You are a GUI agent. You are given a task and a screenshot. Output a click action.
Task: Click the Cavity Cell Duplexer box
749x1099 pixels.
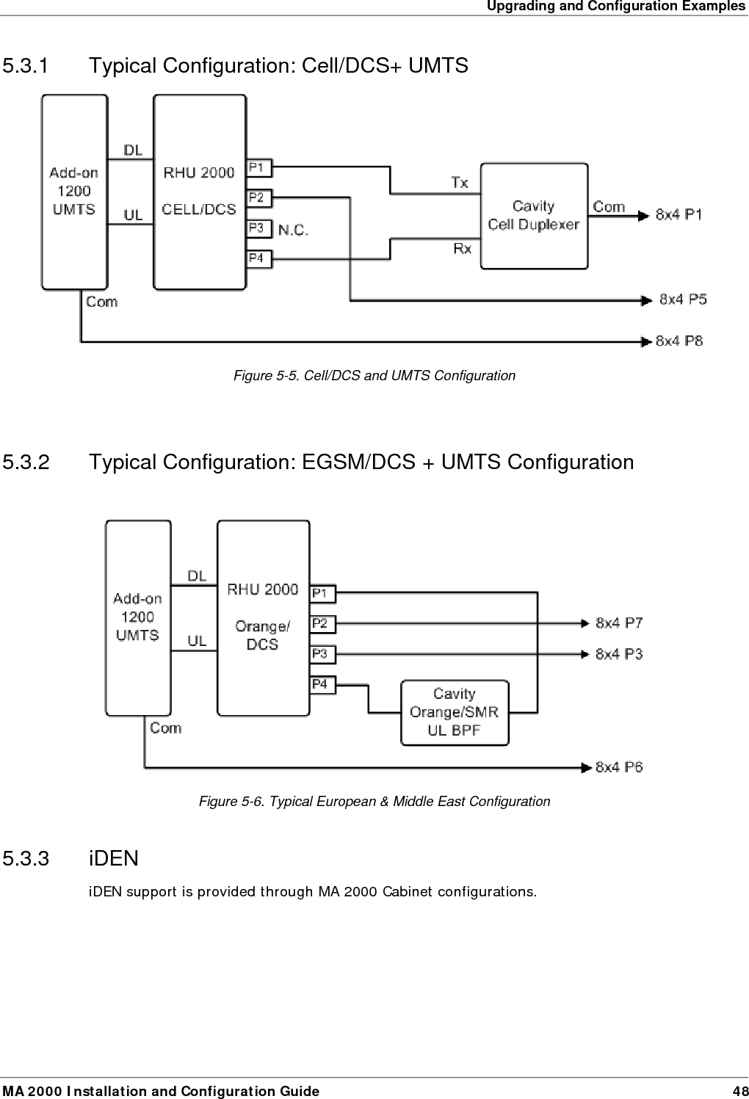click(x=534, y=216)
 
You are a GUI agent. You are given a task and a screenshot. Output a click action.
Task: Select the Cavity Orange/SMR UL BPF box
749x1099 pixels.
click(x=455, y=712)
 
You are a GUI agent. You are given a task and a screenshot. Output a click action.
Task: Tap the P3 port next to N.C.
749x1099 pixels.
click(x=258, y=228)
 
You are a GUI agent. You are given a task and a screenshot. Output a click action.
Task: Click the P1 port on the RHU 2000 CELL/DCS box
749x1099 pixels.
click(x=258, y=168)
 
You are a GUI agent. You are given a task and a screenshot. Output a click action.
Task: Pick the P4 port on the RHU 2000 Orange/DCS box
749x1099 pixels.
click(x=322, y=684)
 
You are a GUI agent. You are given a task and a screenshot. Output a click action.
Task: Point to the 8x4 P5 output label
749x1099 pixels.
click(x=682, y=299)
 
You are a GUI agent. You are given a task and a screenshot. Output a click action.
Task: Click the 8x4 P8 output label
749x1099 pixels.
click(x=679, y=341)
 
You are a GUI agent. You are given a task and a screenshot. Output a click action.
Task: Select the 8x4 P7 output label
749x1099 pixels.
click(x=619, y=623)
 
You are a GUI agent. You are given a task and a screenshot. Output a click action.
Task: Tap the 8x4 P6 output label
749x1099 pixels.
click(x=619, y=767)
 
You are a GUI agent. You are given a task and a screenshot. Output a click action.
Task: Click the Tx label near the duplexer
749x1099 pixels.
click(x=460, y=182)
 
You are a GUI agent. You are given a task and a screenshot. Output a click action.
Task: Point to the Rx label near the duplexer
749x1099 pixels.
click(x=462, y=249)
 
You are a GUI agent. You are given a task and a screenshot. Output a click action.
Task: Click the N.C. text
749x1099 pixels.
click(x=293, y=230)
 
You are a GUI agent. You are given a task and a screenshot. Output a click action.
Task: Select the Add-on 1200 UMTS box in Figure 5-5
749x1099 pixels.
click(x=74, y=192)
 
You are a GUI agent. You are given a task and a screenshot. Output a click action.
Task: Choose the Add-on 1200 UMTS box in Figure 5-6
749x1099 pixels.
click(x=138, y=617)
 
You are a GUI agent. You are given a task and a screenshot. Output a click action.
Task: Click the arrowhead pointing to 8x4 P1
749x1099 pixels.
click(x=643, y=215)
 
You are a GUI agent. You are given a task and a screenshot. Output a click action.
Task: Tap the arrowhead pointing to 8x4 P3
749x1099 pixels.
click(x=585, y=653)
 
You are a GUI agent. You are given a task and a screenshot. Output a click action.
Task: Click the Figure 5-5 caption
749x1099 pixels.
click(x=374, y=376)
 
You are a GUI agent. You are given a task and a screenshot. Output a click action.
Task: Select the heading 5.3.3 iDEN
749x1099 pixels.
click(x=70, y=858)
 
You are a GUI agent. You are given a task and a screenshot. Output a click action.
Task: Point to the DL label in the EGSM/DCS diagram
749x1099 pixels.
click(x=197, y=576)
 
